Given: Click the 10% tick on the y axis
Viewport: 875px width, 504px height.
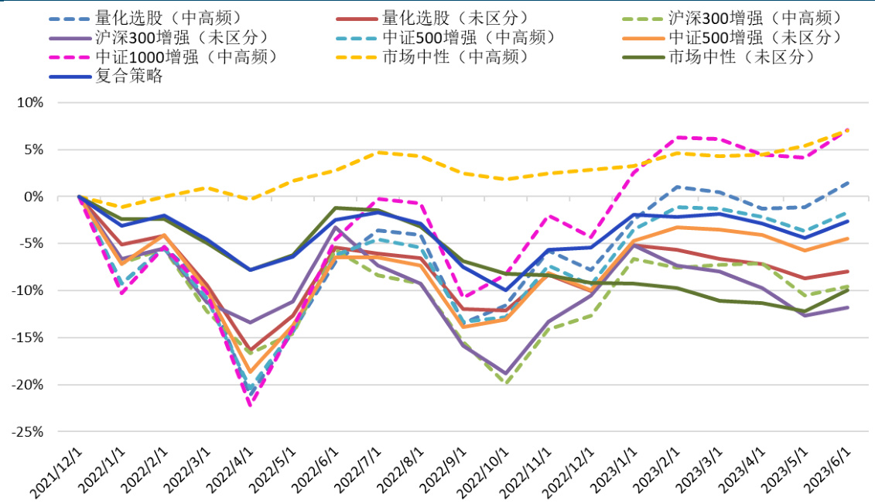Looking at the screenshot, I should tap(30, 103).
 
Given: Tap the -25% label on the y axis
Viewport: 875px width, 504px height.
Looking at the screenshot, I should tap(28, 432).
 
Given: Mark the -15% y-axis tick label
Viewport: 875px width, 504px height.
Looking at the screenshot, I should tap(28, 338).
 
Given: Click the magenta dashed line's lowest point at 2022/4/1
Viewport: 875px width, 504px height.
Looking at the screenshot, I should tap(250, 405).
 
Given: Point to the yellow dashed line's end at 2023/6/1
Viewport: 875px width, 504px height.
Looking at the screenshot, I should tap(847, 131).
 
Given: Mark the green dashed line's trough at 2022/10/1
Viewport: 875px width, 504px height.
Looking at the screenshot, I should tap(506, 383).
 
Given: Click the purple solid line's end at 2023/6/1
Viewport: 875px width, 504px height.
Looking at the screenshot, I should tap(847, 307).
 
